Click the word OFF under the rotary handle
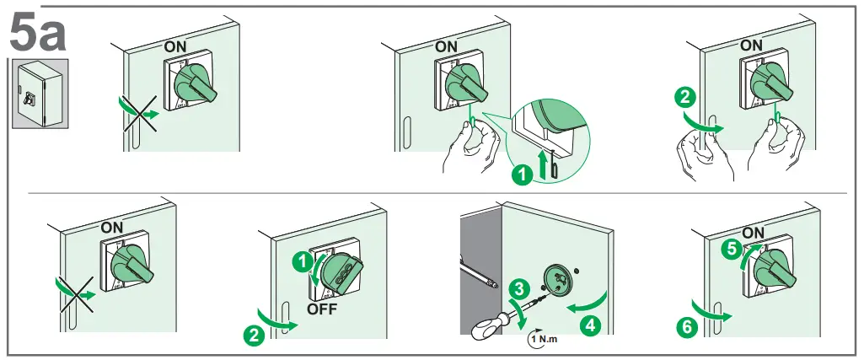321,309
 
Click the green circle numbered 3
519,287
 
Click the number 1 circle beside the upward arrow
523,175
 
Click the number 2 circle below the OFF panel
251,335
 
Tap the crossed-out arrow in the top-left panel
140,113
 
